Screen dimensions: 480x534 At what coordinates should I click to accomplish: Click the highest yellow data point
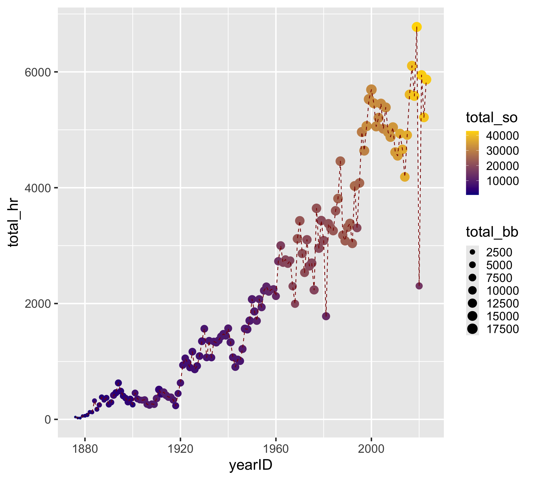pyautogui.click(x=416, y=27)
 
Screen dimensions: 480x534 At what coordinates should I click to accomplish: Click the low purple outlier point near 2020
pyautogui.click(x=419, y=286)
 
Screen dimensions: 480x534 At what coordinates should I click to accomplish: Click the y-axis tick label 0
pyautogui.click(x=48, y=419)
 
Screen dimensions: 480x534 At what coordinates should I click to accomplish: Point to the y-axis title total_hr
pyautogui.click(x=13, y=223)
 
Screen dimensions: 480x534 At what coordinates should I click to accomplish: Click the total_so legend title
pyautogui.click(x=491, y=117)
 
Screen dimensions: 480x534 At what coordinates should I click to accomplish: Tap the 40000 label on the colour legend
pyautogui.click(x=502, y=136)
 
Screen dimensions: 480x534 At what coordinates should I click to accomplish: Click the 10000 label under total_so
pyautogui.click(x=502, y=181)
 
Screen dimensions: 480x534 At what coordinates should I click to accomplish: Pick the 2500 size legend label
pyautogui.click(x=499, y=252)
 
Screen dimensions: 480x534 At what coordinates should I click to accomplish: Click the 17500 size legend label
pyautogui.click(x=502, y=329)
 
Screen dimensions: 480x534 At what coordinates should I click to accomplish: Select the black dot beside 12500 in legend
pyautogui.click(x=472, y=304)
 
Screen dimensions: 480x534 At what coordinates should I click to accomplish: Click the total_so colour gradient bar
pyautogui.click(x=472, y=163)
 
